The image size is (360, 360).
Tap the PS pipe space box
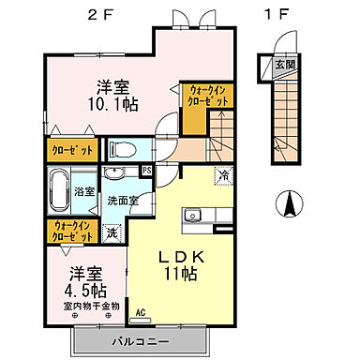click(147, 170)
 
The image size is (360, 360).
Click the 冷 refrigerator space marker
click(224, 173)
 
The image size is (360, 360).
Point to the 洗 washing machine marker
click(112, 231)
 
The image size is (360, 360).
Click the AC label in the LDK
click(142, 314)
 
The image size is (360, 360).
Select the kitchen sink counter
click(198, 217)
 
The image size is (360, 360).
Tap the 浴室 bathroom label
click(83, 190)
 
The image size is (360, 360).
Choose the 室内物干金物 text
click(92, 307)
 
